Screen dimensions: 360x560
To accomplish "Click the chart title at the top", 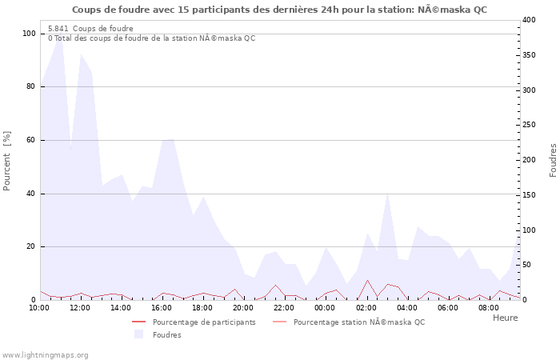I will pyautogui.click(x=278, y=10).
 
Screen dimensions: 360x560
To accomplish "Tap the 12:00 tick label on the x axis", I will pyautogui.click(x=80, y=307).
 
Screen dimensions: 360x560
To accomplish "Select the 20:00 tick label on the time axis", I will pyautogui.click(x=243, y=307).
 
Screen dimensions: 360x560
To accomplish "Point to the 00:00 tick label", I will pyautogui.click(x=325, y=307).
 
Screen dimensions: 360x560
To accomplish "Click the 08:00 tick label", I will pyautogui.click(x=488, y=307).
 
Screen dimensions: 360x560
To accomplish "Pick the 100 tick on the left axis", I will pyautogui.click(x=29, y=34).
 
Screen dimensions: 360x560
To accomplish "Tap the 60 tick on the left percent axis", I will pyautogui.click(x=30, y=140).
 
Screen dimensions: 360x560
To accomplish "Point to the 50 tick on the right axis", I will pyautogui.click(x=526, y=265).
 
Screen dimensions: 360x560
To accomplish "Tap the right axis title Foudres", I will pyautogui.click(x=553, y=160).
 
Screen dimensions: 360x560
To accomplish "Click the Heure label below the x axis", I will pyautogui.click(x=505, y=318).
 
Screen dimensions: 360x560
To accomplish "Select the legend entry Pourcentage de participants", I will pyautogui.click(x=204, y=322).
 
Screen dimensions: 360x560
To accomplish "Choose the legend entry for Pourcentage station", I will pyautogui.click(x=359, y=322).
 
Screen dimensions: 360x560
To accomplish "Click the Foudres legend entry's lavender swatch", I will pyautogui.click(x=139, y=334).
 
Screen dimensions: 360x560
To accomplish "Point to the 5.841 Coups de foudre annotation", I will pyautogui.click(x=90, y=28).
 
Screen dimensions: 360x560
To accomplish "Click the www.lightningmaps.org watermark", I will pyautogui.click(x=46, y=354).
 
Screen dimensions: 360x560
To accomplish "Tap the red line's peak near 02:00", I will pyautogui.click(x=367, y=280).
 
